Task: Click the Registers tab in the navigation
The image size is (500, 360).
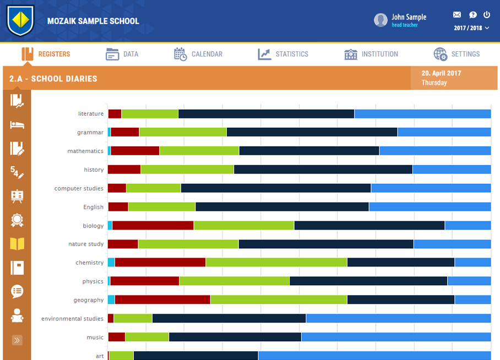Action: [x=46, y=54]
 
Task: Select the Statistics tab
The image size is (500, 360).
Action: [x=283, y=54]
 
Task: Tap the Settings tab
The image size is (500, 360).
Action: [x=456, y=54]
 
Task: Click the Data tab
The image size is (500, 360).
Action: [x=122, y=54]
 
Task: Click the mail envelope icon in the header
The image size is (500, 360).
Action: [x=457, y=15]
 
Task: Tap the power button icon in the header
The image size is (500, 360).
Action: [x=487, y=15]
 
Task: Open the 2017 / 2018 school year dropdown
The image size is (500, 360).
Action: [x=471, y=28]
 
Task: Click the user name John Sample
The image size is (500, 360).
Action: [x=409, y=17]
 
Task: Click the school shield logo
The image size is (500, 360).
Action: [x=20, y=20]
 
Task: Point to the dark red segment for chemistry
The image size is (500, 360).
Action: [x=160, y=263]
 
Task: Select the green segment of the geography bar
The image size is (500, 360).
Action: [x=278, y=300]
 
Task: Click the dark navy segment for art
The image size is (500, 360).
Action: [x=195, y=356]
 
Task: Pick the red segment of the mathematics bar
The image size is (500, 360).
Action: [x=135, y=151]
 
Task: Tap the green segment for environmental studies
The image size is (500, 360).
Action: [x=133, y=319]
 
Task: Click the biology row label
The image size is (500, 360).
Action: [x=93, y=226]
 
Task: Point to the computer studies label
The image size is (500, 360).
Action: [x=79, y=188]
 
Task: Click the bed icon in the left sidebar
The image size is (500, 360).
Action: [x=17, y=124]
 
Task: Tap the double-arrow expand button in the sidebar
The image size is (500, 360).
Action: [x=17, y=340]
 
